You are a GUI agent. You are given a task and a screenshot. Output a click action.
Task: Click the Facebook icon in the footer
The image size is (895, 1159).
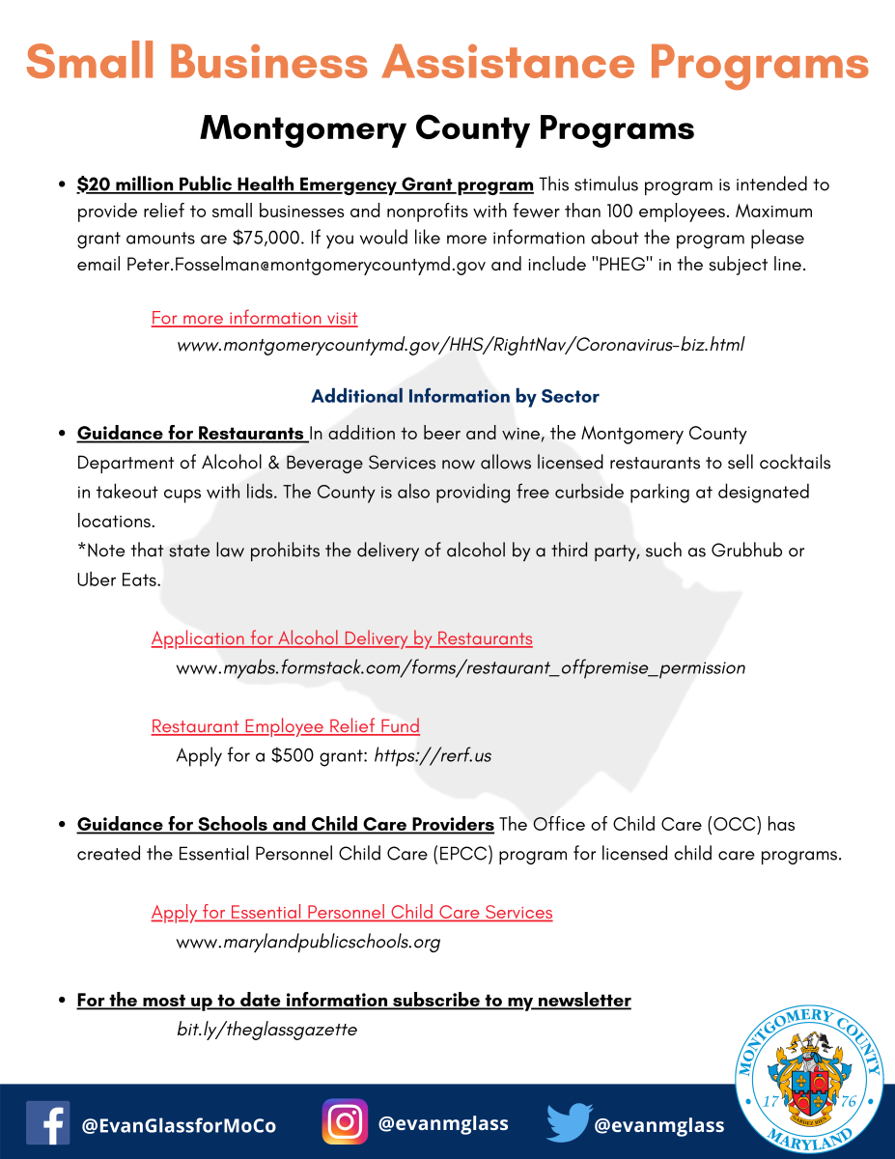pyautogui.click(x=47, y=1123)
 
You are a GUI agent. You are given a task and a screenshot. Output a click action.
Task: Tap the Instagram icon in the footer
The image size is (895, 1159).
pyautogui.click(x=345, y=1122)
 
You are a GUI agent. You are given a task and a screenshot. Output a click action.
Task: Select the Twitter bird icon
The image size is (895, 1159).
pyautogui.click(x=569, y=1123)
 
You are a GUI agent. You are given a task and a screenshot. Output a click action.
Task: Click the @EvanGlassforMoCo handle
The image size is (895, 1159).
pyautogui.click(x=179, y=1126)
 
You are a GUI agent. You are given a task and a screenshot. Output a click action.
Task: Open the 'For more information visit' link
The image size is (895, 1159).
pyautogui.click(x=254, y=318)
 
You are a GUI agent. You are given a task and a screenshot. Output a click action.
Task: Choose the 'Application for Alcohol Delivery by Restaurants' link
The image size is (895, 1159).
pyautogui.click(x=342, y=638)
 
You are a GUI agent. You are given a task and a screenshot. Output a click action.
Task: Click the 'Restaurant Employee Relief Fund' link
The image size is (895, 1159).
pyautogui.click(x=285, y=726)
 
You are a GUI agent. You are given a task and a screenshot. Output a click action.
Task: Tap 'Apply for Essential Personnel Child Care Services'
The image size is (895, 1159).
pyautogui.click(x=351, y=913)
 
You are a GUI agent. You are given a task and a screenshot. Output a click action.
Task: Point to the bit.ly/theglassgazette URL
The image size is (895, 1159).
pyautogui.click(x=266, y=1030)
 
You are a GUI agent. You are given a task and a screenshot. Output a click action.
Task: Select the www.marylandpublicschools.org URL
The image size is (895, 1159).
pyautogui.click(x=308, y=942)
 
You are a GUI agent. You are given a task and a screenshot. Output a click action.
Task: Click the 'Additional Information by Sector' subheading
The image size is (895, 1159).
pyautogui.click(x=455, y=396)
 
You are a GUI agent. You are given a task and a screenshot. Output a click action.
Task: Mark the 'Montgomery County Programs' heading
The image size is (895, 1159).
pyautogui.click(x=447, y=128)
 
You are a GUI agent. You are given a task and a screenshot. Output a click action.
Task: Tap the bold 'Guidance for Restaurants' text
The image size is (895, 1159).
pyautogui.click(x=190, y=434)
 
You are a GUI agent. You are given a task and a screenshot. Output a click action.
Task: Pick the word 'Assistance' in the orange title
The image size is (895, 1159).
pyautogui.click(x=498, y=64)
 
